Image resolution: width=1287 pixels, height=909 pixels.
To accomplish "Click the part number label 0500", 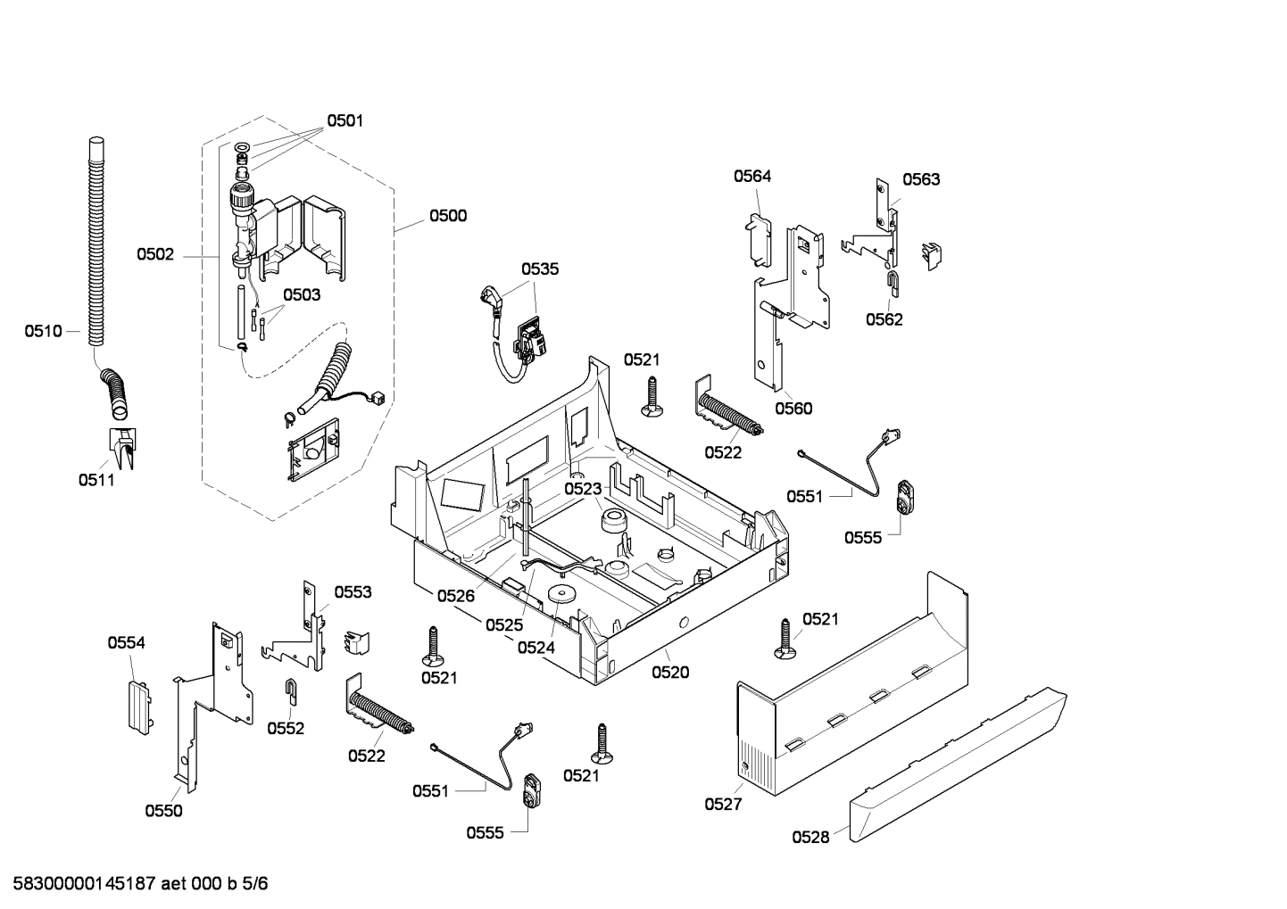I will [447, 216].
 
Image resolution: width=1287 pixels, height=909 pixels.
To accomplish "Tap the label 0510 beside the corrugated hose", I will [43, 332].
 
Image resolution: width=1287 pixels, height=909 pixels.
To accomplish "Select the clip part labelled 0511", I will [120, 446].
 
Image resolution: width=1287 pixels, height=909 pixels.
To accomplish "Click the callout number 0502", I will [155, 255].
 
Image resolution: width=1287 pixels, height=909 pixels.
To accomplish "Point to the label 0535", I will [540, 269].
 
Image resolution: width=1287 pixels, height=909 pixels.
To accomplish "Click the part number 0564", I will [752, 177].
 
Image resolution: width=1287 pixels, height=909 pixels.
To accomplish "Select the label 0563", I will [920, 179].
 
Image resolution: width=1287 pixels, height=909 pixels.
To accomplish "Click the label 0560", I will [793, 409].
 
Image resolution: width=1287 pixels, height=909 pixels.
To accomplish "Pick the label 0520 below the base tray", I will [670, 673].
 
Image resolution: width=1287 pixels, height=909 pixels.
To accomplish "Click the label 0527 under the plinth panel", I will [723, 804].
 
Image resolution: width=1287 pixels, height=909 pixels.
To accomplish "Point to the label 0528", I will [810, 837].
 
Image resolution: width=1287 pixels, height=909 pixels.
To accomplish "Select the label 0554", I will [126, 643].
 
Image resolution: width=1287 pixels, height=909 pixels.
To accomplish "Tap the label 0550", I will [163, 811].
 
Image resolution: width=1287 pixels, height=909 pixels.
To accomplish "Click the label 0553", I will [353, 592].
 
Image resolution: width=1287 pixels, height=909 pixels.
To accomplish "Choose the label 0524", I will [536, 648].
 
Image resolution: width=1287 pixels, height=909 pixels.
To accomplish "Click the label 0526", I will [455, 596].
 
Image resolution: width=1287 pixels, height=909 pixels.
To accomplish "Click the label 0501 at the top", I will [345, 121].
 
